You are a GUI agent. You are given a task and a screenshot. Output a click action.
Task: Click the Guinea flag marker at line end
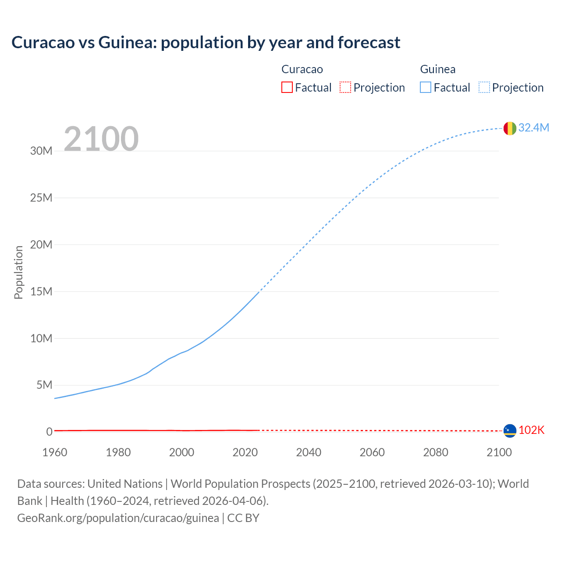(510, 128)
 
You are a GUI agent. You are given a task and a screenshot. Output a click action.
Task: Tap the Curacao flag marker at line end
(510, 431)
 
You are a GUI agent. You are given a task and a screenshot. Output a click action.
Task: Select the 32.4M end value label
(533, 128)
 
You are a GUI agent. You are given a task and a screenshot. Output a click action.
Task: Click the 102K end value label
(531, 430)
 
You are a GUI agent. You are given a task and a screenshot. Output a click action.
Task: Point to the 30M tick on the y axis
(41, 151)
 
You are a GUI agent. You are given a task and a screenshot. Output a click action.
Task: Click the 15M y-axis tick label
(41, 291)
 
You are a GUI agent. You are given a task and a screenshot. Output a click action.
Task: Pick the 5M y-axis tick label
(44, 385)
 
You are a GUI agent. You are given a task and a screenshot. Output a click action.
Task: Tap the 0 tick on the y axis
(49, 432)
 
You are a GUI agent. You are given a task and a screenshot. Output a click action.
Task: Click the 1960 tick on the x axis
(55, 452)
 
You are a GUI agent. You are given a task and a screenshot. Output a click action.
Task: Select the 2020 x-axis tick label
(245, 452)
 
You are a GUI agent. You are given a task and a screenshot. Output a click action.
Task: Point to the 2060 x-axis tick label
(372, 452)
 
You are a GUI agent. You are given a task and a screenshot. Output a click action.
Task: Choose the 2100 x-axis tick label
(499, 452)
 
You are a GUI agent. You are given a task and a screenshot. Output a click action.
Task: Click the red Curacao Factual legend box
(287, 87)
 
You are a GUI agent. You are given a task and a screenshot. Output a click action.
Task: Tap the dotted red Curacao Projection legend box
(345, 87)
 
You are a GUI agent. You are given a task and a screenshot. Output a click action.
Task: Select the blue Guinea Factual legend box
(426, 87)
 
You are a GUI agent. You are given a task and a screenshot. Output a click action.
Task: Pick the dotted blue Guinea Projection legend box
(484, 87)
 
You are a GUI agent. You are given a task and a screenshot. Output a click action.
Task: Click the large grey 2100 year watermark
(101, 139)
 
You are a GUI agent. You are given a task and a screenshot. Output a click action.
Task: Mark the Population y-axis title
(18, 272)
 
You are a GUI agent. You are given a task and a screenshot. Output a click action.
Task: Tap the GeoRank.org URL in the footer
(118, 518)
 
